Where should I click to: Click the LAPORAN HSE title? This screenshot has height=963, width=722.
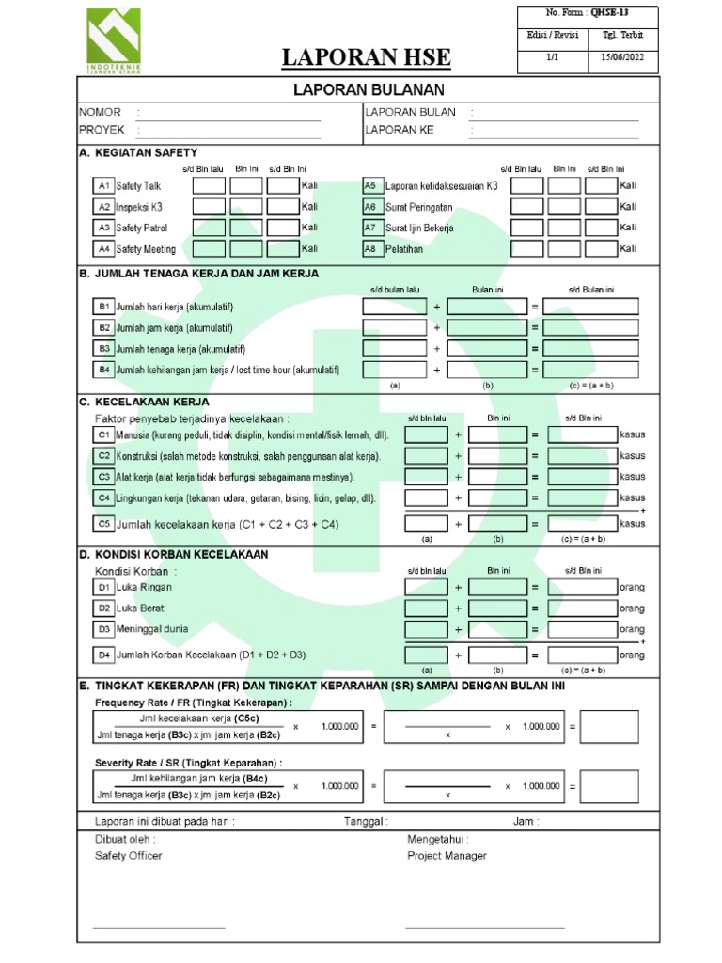coord(367,58)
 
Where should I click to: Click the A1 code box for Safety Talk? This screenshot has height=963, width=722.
coord(103,186)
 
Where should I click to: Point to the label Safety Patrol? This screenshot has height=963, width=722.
coord(142,228)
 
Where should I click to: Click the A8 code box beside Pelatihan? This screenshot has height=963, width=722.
coord(370,249)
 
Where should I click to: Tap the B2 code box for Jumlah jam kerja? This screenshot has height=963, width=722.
coord(103,327)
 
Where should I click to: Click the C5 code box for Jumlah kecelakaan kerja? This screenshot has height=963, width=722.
coord(103,523)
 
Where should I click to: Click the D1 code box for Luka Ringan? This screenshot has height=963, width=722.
coord(103,588)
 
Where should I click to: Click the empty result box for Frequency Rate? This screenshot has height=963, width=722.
coord(609,727)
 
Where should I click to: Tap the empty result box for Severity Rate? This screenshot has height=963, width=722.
coord(609,786)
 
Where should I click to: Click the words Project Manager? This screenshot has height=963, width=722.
coord(447,856)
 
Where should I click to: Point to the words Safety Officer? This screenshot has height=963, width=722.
coord(129,856)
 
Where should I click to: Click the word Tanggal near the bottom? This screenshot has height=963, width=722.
coord(365,821)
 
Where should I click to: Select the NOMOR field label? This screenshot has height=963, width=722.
coord(100,112)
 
